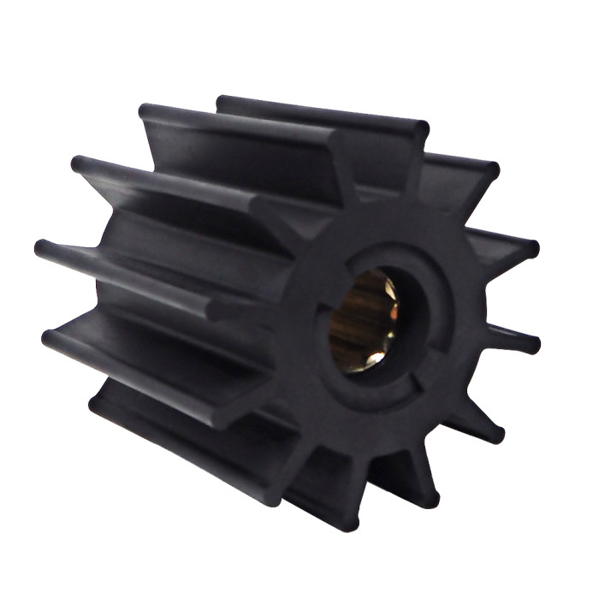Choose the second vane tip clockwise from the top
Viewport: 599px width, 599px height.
click(x=491, y=168)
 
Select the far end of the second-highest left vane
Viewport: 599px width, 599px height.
click(x=80, y=163)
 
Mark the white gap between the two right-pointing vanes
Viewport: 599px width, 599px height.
click(x=513, y=295)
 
